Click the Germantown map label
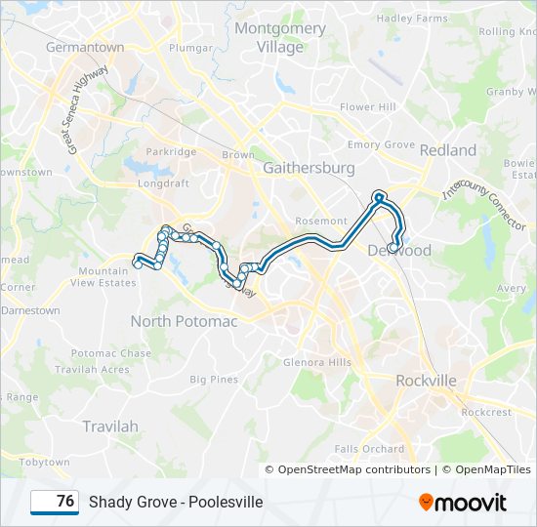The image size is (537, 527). coord(85,47)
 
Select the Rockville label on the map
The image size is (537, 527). coord(426,381)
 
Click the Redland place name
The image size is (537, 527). coord(448,150)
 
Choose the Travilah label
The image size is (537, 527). coord(110,426)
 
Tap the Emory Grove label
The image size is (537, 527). coord(381,144)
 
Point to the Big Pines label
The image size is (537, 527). coord(214,379)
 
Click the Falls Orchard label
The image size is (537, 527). coord(369,449)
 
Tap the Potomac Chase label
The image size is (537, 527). coord(110,353)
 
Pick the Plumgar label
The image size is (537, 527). coord(190,47)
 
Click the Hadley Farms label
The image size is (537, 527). coord(412,18)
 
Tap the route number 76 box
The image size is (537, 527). coord(55,502)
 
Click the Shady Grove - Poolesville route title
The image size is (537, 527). coord(176,502)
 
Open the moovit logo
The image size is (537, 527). coord(463,503)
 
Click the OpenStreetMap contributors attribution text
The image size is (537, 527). coord(353,469)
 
